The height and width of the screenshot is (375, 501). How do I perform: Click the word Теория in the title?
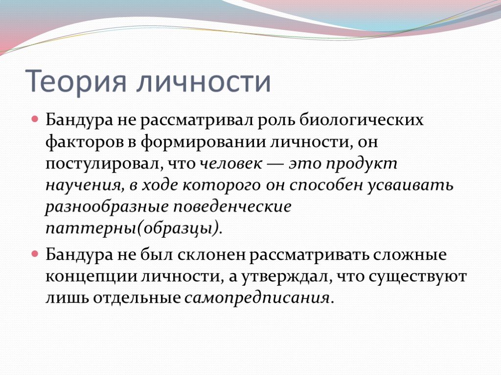75,81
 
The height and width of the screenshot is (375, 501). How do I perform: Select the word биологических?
362,120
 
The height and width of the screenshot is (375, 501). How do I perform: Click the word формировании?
203,142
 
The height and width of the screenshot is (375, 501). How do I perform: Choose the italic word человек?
231,164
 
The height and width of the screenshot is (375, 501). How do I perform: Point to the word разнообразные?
107,207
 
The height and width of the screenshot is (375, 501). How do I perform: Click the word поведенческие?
232,207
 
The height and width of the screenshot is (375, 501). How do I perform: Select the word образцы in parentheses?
178,229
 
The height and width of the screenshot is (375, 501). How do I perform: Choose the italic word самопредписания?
257,298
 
